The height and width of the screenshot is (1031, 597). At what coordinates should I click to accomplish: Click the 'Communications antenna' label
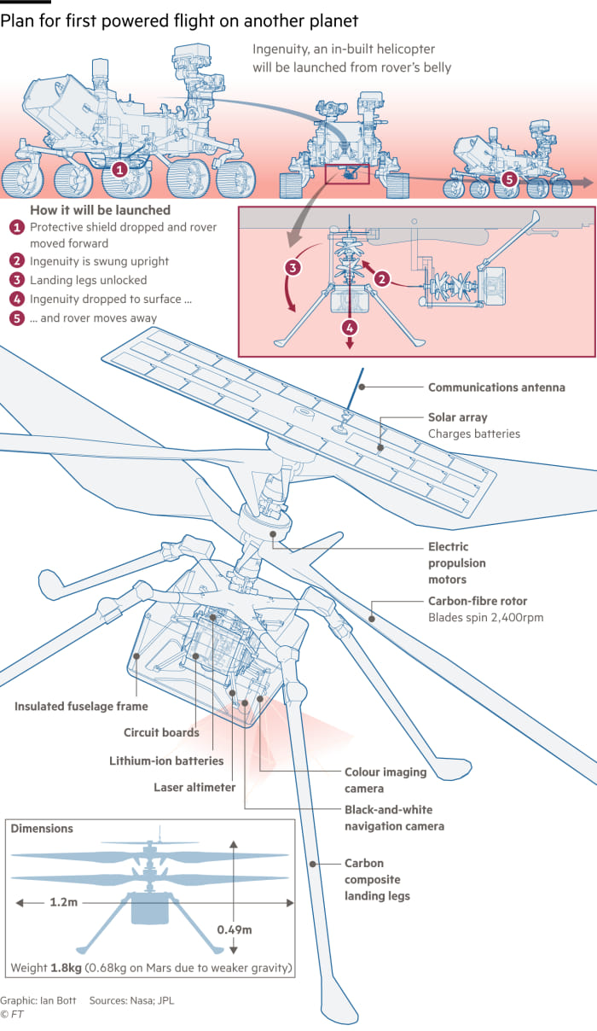point(496,387)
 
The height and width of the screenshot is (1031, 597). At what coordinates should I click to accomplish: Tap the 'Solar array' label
point(457,418)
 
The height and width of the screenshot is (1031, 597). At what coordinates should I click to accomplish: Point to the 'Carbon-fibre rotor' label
point(478,602)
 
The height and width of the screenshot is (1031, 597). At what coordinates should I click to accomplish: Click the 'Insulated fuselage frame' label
point(81,706)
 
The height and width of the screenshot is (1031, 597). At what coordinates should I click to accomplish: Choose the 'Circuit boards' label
point(161,732)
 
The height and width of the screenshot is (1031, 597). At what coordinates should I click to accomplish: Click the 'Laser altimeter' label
point(194,788)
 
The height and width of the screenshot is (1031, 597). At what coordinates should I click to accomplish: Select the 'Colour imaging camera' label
point(385,780)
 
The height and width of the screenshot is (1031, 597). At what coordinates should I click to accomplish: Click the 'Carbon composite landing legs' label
point(377,879)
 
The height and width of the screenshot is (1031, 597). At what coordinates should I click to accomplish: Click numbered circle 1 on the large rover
point(120,170)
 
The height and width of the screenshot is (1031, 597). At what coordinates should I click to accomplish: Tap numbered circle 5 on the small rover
point(509,179)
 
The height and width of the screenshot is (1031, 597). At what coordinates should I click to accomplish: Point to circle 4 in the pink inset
point(349,327)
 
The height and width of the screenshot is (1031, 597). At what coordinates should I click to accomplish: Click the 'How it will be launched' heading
point(100,210)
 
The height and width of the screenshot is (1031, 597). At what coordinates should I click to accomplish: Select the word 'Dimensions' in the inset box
point(42,829)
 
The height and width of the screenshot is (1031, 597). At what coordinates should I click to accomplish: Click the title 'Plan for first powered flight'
point(179,20)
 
